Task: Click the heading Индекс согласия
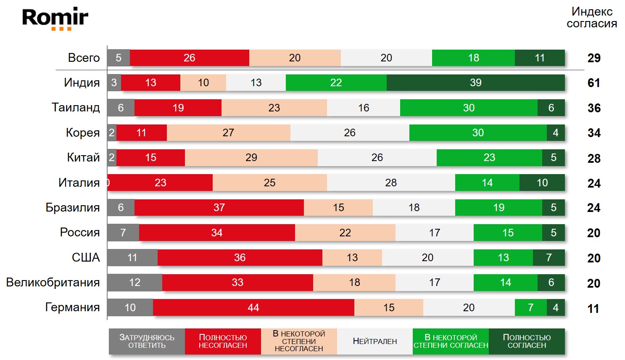pos(591,18)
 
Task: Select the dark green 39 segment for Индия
pos(475,83)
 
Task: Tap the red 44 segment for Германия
pos(253,307)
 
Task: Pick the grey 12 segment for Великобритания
pos(134,283)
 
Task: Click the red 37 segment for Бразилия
pos(219,208)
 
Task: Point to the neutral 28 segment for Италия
pos(391,183)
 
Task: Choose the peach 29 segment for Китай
pos(251,158)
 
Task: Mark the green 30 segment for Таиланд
pos(469,108)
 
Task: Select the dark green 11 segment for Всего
pos(540,58)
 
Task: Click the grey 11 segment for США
pos(132,258)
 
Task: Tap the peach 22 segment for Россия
pos(345,233)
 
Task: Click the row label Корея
pos(83,133)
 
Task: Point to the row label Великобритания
pos(53,283)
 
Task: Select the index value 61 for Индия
pos(593,83)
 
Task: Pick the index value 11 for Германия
pos(593,309)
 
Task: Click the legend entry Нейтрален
pos(374,341)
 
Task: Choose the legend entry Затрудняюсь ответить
pos(147,341)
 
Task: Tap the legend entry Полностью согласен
pos(527,341)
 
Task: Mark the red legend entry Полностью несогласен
pos(223,341)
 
